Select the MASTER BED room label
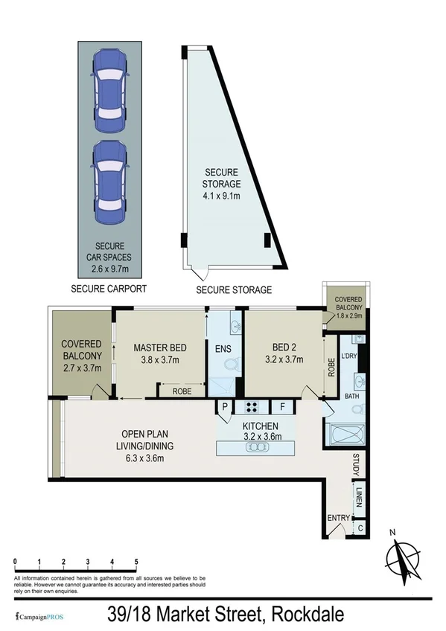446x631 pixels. coord(159,353)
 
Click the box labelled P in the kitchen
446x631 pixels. coord(223,407)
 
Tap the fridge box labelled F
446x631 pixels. coord(282,407)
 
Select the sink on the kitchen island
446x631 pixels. coord(257,448)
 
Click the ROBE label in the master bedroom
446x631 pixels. coord(179,389)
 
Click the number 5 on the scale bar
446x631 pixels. coord(136,560)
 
